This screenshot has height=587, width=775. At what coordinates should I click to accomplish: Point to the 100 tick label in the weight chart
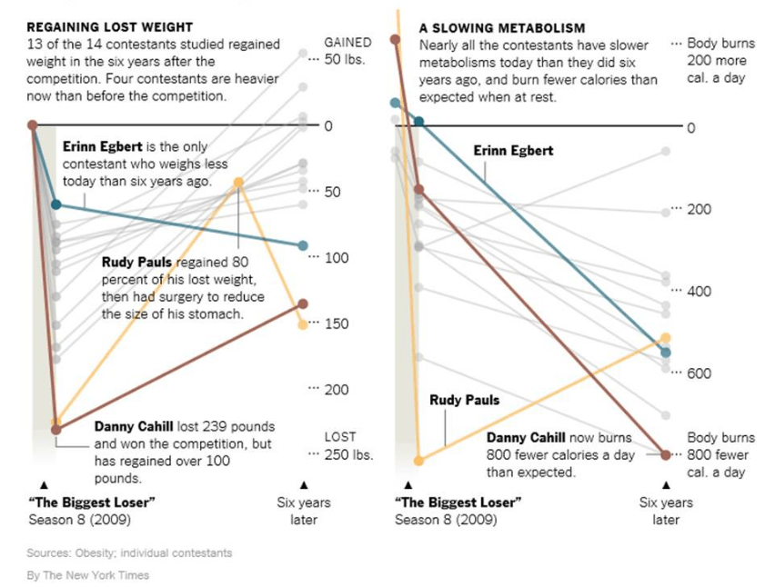click(x=337, y=258)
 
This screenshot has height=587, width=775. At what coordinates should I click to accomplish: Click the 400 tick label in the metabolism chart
click(x=698, y=292)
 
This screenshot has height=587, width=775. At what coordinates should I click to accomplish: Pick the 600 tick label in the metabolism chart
click(x=698, y=373)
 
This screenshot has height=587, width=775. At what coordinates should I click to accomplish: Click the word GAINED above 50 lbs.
click(x=347, y=43)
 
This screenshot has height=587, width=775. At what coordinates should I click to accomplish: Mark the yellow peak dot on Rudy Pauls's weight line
click(x=239, y=183)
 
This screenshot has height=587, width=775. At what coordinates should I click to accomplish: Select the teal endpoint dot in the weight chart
click(x=303, y=245)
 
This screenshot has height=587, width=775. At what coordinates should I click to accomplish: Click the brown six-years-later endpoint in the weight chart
click(x=303, y=303)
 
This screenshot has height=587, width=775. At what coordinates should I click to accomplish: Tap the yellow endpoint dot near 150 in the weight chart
click(x=303, y=324)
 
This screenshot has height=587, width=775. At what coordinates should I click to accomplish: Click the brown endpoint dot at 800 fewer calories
click(x=666, y=454)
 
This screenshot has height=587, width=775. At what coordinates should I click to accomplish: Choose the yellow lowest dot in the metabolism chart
click(x=418, y=461)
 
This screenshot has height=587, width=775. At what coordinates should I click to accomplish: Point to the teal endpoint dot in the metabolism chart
click(x=666, y=353)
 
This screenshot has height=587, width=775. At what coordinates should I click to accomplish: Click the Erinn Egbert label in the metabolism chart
click(x=513, y=151)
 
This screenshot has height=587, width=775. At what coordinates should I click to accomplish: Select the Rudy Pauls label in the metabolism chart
click(x=464, y=400)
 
